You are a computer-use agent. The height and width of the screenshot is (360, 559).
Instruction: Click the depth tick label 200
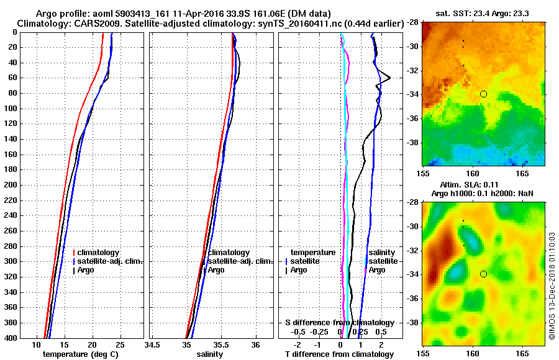[11, 185]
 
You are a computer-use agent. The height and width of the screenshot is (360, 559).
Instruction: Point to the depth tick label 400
[11, 338]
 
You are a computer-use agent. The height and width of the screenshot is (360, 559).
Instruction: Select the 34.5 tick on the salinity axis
[152, 345]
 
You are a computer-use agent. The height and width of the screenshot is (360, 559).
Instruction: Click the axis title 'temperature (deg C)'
[80, 354]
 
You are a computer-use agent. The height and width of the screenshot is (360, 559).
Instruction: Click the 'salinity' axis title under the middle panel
[211, 354]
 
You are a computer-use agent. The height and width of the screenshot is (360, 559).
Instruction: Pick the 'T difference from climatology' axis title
[339, 354]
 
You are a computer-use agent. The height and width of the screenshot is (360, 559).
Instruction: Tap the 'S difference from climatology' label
[339, 323]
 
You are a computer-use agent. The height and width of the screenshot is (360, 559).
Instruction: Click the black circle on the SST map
[483, 94]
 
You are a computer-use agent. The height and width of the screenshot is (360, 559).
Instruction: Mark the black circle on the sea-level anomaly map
[483, 274]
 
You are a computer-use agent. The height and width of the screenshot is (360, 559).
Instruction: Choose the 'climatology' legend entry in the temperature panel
[99, 253]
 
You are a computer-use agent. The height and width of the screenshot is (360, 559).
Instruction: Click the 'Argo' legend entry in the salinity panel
[216, 270]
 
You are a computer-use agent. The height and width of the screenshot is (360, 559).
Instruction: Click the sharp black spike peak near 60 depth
[389, 78]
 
